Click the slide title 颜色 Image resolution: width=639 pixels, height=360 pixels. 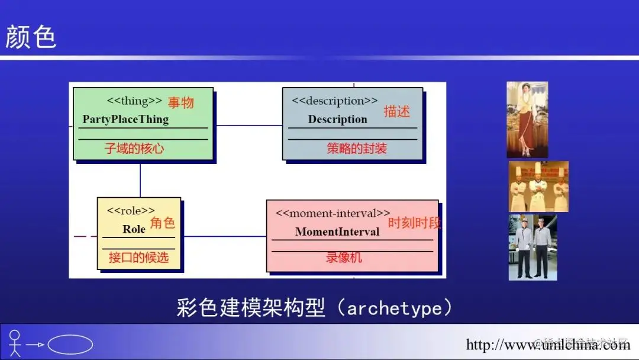[31, 37]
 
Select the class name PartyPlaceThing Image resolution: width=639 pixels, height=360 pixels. [125, 119]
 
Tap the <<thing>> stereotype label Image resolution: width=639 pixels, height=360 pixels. [134, 101]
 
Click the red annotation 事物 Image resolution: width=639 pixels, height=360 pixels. [180, 103]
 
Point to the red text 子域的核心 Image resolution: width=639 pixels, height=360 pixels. [134, 149]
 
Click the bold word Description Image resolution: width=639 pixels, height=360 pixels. [337, 119]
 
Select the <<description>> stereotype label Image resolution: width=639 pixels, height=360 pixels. [334, 101]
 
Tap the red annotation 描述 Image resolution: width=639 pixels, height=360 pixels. [396, 111]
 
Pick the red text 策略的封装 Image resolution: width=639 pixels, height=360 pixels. [357, 149]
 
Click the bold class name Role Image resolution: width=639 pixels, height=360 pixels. [134, 229]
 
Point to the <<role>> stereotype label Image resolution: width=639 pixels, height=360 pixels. [131, 210]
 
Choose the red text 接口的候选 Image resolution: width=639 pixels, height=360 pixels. [138, 258]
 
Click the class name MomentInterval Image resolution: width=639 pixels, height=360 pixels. [337, 232]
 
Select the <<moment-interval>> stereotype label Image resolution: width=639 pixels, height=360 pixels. [333, 213]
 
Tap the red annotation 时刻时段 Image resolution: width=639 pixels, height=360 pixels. [415, 223]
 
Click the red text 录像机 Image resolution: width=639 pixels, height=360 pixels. [344, 258]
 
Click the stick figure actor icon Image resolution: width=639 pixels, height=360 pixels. [15, 343]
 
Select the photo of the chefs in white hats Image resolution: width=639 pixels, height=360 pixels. [538, 187]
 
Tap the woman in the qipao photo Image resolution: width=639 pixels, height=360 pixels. [527, 120]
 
